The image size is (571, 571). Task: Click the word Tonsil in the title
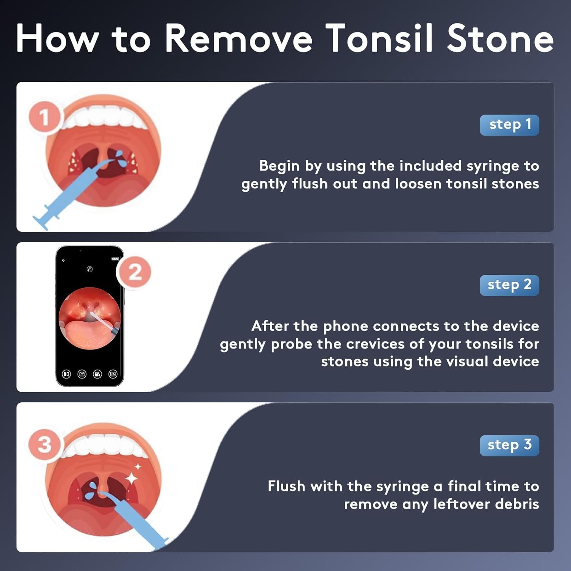(380, 38)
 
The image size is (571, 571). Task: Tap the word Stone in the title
(500, 38)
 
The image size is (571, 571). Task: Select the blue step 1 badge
(509, 125)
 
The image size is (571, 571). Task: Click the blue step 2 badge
(509, 285)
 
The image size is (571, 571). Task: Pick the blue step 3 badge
(509, 445)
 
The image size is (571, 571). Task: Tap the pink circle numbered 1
(45, 117)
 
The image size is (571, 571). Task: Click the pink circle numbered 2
(135, 272)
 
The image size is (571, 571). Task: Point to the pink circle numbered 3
(45, 444)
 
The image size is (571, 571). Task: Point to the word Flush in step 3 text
(287, 486)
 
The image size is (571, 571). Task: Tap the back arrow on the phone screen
(64, 260)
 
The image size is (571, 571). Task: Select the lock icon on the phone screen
(89, 269)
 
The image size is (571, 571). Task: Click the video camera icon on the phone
(97, 374)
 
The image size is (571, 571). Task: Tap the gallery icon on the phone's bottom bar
(113, 374)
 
